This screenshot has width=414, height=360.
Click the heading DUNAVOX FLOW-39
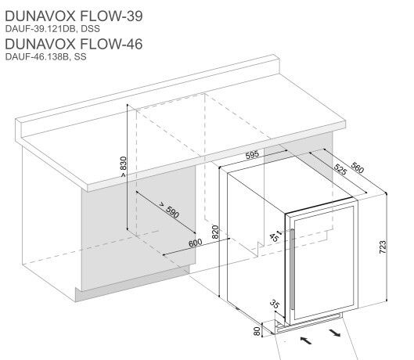tap(74, 15)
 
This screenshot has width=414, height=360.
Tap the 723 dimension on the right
tap(383, 248)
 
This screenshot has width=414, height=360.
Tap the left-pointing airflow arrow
tap(306, 340)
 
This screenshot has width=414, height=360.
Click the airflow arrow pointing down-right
tap(335, 333)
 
